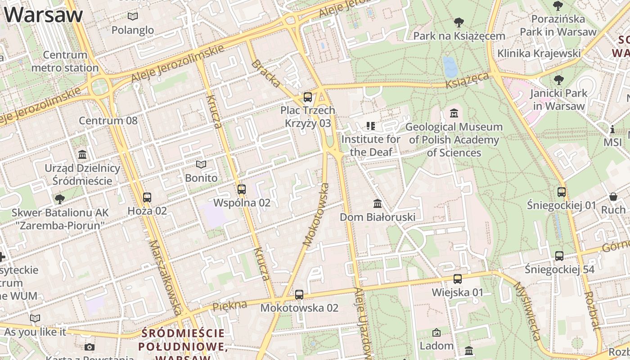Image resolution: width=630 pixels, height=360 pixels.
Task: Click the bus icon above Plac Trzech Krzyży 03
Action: pos(307,97)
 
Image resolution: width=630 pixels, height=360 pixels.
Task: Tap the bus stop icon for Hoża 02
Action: pos(147,197)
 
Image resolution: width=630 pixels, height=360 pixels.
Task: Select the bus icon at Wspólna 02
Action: pos(242,189)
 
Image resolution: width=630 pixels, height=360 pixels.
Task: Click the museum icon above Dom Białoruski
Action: pos(378,204)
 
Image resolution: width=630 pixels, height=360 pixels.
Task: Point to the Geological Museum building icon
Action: pos(454,113)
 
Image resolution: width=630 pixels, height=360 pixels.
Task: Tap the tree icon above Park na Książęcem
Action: pos(459,22)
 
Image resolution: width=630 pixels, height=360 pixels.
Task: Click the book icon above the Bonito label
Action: pos(201,165)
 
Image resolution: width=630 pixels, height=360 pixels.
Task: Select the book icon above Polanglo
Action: pos(132,17)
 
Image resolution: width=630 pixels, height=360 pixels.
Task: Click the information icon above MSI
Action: pos(612,129)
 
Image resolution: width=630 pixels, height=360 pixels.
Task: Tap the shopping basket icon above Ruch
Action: pos(613,197)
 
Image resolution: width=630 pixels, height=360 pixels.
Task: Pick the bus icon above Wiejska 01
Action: pos(458,279)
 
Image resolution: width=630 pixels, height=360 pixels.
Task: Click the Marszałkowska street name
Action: pos(166,277)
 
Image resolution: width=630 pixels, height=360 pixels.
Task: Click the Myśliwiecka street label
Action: pos(526,311)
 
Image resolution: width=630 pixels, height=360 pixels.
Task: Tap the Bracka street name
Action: pos(266,73)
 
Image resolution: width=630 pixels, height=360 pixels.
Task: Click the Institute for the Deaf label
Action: pos(371,145)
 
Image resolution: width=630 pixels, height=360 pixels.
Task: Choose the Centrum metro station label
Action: pos(65,62)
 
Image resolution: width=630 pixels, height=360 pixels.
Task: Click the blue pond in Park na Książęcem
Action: pos(450,67)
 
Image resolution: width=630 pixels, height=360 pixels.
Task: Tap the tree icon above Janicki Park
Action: pos(558,80)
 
